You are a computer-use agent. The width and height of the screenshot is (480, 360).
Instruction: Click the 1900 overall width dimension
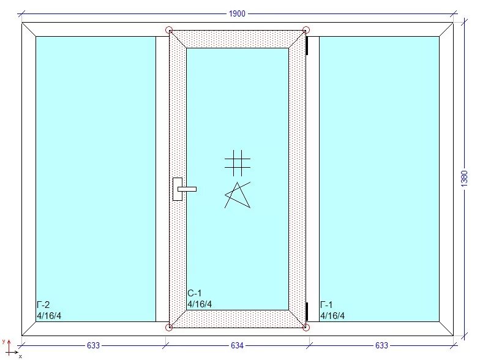click(x=238, y=13)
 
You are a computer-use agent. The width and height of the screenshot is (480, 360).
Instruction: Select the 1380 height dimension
click(x=464, y=178)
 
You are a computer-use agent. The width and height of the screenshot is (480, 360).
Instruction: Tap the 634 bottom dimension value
click(x=237, y=346)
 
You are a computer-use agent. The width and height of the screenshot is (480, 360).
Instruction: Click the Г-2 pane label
click(x=43, y=305)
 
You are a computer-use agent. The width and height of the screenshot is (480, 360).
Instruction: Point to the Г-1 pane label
click(x=326, y=305)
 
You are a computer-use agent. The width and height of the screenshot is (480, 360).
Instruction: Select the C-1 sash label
click(x=194, y=293)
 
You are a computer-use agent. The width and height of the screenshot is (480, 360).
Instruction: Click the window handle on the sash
click(x=181, y=189)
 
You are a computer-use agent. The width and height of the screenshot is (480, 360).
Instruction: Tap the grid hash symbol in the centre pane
click(x=237, y=163)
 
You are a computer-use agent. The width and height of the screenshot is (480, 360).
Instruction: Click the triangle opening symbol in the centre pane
click(x=238, y=195)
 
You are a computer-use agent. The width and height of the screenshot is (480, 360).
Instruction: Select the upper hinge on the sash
click(x=307, y=45)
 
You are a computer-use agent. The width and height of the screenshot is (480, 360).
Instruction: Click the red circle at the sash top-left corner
click(x=169, y=29)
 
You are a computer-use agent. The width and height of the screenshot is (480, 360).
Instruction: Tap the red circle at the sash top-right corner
click(x=307, y=29)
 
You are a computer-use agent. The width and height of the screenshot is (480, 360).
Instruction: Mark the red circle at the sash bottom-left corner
click(x=169, y=328)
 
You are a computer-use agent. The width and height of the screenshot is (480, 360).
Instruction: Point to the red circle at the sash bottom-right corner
click(x=307, y=328)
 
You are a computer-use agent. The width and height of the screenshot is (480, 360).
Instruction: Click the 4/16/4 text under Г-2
click(x=49, y=316)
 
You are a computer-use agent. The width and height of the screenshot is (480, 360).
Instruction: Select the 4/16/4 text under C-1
click(x=200, y=304)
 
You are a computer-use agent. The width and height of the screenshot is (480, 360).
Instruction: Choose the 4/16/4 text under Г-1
click(x=332, y=316)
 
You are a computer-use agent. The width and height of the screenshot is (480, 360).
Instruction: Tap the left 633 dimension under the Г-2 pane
click(x=93, y=346)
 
